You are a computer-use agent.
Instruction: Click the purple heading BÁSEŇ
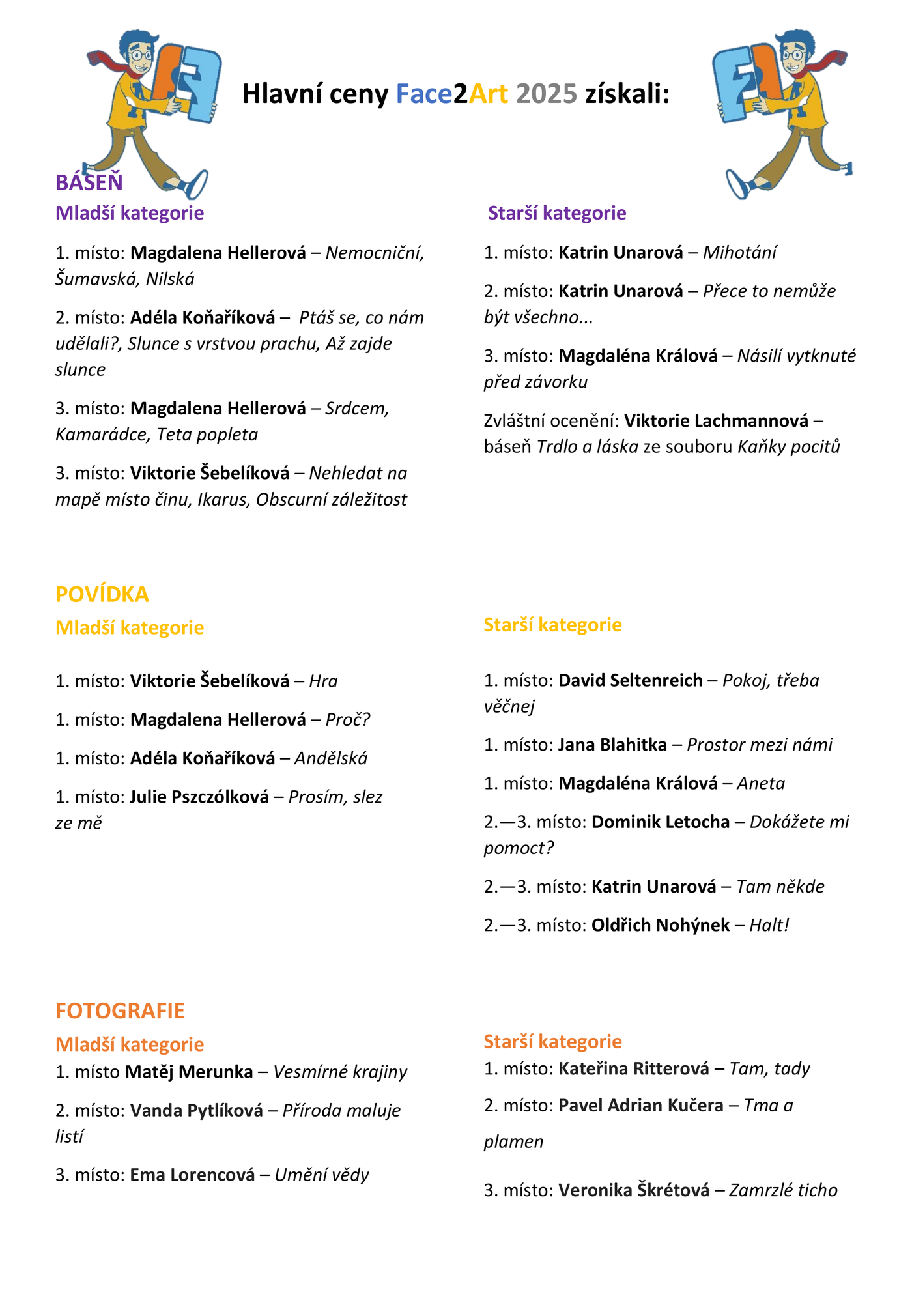click(x=89, y=182)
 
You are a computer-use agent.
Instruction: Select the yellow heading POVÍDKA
click(x=102, y=594)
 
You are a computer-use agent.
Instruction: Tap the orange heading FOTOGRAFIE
click(x=120, y=1010)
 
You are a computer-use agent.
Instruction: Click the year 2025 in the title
click(x=547, y=94)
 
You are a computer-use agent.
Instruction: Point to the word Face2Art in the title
click(x=451, y=94)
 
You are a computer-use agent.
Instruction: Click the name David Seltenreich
click(x=631, y=680)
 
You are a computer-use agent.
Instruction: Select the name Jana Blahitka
click(x=612, y=744)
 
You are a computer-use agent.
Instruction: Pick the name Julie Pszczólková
click(x=199, y=796)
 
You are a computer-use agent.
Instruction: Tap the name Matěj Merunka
click(x=189, y=1071)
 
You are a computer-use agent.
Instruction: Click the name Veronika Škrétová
click(x=634, y=1190)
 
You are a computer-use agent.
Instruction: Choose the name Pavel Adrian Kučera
click(x=641, y=1105)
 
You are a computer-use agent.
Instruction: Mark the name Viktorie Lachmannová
click(x=716, y=420)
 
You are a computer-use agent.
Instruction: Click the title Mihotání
click(x=739, y=252)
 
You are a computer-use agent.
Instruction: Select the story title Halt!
click(x=769, y=924)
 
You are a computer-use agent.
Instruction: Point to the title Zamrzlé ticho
click(x=783, y=1190)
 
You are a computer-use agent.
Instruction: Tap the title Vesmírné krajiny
click(x=340, y=1071)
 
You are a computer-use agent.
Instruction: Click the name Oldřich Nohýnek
click(x=660, y=924)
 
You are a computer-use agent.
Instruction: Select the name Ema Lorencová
click(x=192, y=1174)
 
